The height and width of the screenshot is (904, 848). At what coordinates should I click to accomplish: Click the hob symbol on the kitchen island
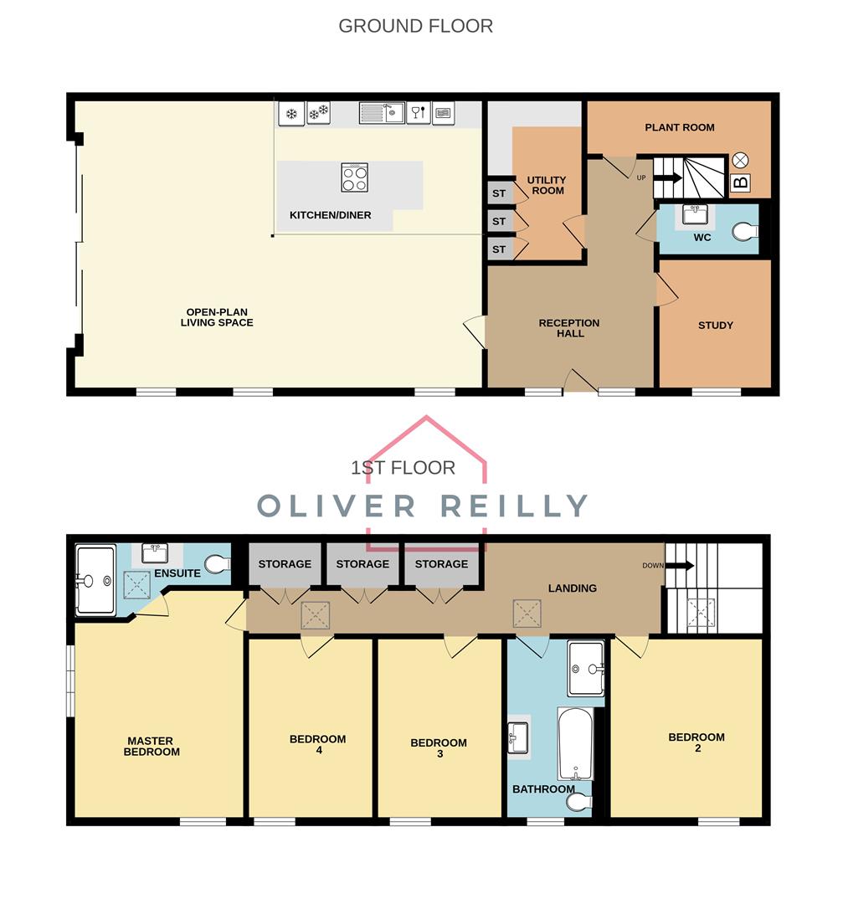(x=354, y=177)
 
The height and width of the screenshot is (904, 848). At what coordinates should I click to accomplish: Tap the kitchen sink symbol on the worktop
(x=382, y=112)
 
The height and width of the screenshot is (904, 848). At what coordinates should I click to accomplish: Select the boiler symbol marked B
(x=740, y=182)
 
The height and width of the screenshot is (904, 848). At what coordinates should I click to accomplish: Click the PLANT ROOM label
(x=679, y=127)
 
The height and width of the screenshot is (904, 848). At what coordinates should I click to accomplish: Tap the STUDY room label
(x=715, y=325)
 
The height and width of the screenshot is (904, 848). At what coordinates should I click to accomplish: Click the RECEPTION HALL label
(x=568, y=328)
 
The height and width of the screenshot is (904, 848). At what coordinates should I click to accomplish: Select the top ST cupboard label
(x=499, y=193)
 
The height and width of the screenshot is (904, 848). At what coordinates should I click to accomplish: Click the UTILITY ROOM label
(x=546, y=185)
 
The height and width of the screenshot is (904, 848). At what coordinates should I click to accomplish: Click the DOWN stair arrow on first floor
(x=680, y=565)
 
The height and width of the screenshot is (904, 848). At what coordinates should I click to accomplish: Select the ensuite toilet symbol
(x=217, y=566)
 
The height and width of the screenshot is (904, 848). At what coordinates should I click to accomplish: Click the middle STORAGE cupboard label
(x=362, y=564)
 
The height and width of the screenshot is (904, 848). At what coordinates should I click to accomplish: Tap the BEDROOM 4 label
(x=317, y=744)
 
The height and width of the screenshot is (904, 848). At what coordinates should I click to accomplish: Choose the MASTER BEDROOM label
(x=152, y=746)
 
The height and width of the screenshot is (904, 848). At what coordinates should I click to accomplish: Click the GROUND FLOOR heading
(x=415, y=26)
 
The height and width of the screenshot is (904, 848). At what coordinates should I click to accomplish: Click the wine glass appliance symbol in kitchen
(x=418, y=112)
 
